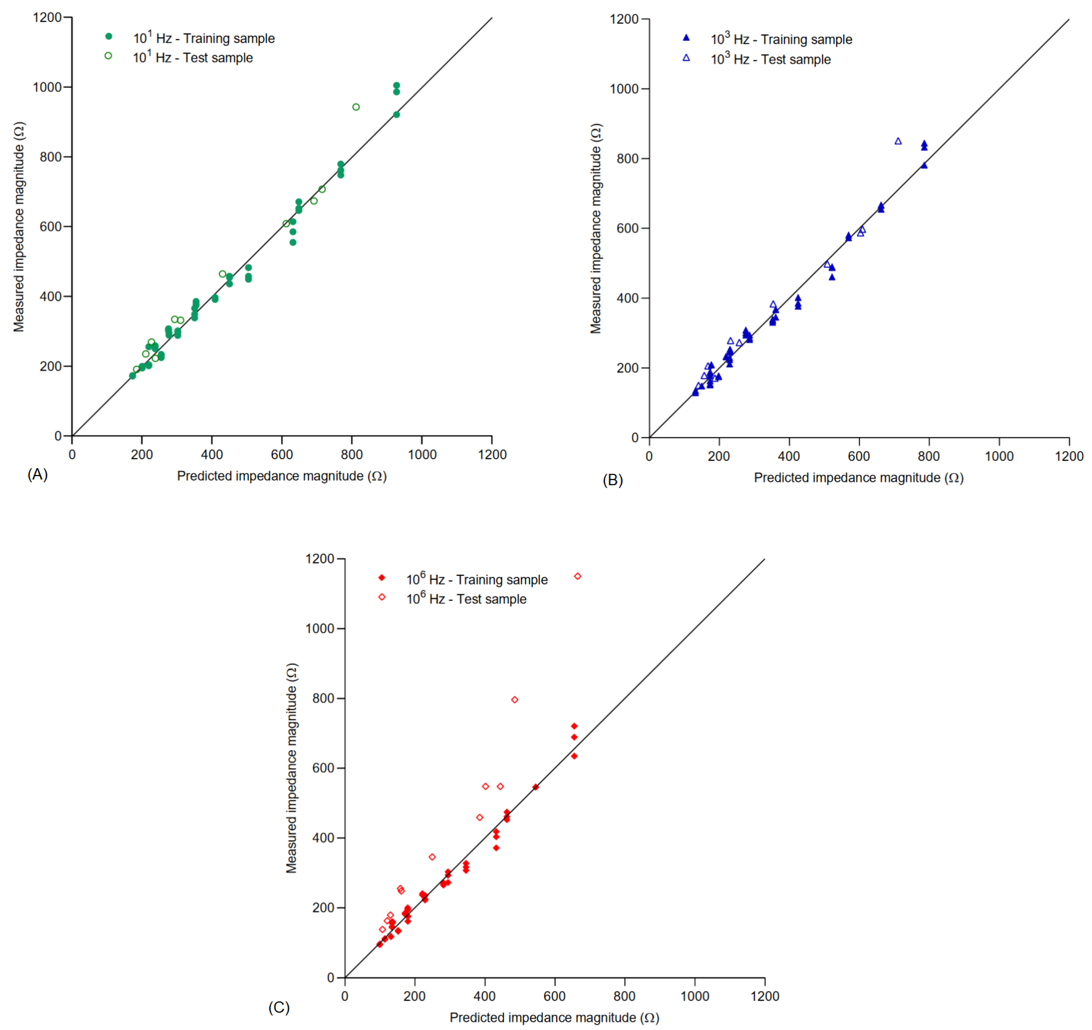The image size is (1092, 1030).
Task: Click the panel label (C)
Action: pos(278,1007)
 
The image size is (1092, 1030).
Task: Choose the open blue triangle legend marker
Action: pos(686,58)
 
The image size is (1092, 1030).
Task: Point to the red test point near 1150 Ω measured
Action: pos(577,576)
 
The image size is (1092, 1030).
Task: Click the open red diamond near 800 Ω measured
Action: pos(515,700)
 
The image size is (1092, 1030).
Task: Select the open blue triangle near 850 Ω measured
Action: pos(898,141)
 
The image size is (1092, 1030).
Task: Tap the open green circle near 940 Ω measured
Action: pos(356,107)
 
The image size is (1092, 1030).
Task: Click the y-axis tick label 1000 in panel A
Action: pos(47,87)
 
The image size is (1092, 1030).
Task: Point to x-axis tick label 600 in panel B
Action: pos(859,456)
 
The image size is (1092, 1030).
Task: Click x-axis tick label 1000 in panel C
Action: pos(694,996)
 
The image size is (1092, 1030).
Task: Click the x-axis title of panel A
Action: pos(282,476)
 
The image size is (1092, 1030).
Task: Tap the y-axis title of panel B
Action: pos(596,228)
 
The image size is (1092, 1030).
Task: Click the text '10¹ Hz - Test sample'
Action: pos(193,57)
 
